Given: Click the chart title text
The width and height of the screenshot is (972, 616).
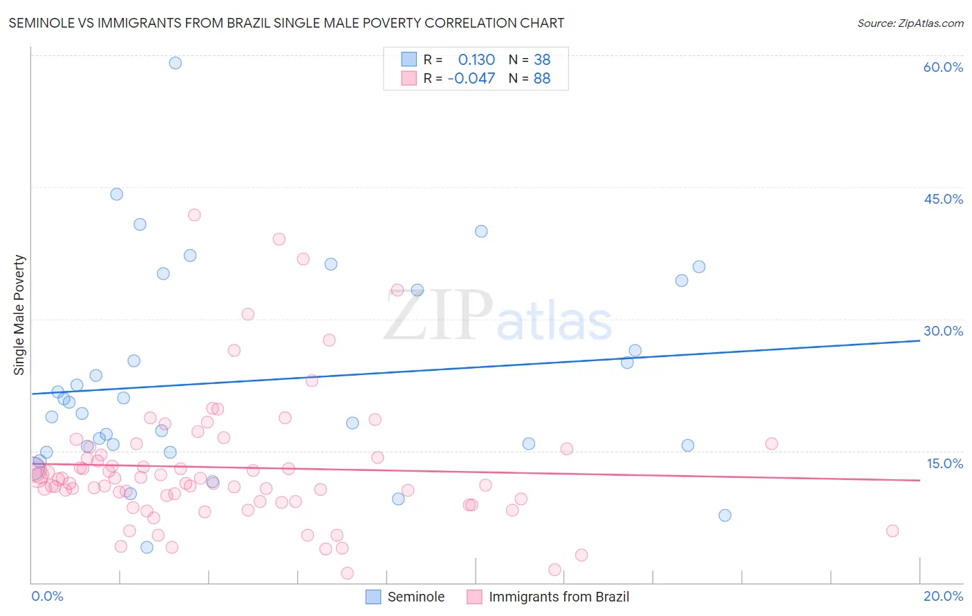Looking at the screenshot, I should tap(286, 23).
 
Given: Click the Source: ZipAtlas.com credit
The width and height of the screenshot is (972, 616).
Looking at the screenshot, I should tap(910, 23).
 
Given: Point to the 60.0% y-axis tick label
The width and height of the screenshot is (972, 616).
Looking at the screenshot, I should tap(943, 67).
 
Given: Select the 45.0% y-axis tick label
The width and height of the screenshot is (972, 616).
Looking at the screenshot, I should tap(943, 199).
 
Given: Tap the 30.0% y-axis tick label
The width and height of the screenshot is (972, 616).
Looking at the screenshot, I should tap(943, 331).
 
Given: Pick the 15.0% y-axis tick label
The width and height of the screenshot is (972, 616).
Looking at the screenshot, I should tap(944, 463).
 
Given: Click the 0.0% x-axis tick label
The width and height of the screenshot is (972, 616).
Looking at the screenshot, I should tap(47, 596).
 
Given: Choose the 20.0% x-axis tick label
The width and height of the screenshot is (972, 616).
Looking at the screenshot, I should tap(943, 596).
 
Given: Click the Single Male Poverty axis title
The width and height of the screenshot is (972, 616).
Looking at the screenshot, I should tap(19, 315).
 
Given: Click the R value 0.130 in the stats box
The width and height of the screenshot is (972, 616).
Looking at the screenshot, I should tap(476, 60).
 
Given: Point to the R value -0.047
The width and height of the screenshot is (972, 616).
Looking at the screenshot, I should tap(471, 79).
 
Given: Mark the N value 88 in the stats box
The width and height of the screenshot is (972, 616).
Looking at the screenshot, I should tap(542, 79).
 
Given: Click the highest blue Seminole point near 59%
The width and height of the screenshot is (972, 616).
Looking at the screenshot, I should tap(176, 63).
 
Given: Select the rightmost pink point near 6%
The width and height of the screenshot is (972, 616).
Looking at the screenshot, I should tap(892, 531).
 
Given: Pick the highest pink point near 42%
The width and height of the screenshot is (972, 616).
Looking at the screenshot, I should tap(194, 215).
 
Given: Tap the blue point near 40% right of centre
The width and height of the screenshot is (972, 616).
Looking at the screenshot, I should tap(481, 231).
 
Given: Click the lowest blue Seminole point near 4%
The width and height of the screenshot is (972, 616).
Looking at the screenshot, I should tap(147, 548).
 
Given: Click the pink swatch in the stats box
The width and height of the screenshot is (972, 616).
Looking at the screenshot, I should tap(409, 79).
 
